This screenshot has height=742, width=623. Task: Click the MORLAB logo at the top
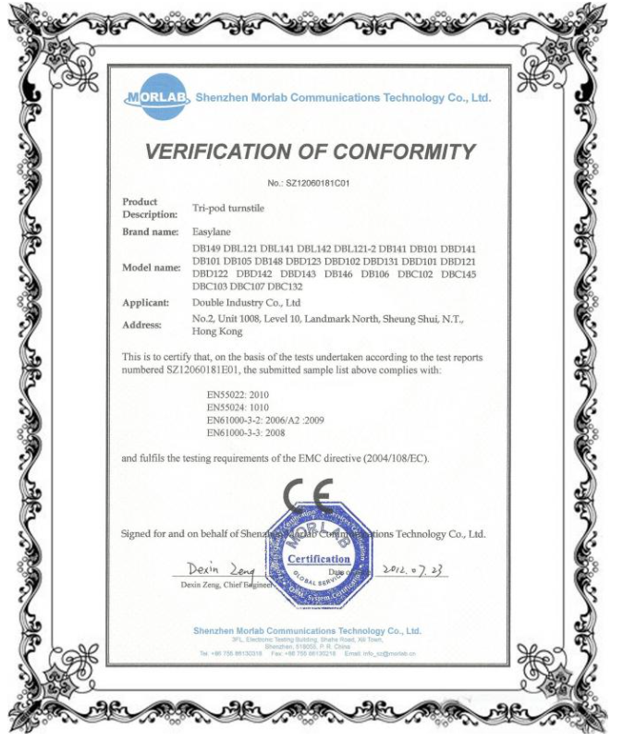(x=158, y=97)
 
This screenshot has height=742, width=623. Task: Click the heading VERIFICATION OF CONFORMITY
(x=310, y=152)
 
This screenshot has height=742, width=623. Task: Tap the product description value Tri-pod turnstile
(x=227, y=209)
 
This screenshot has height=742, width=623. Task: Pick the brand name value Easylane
(x=211, y=231)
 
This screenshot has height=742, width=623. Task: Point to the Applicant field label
(x=146, y=302)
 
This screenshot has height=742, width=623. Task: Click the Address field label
(x=143, y=324)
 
